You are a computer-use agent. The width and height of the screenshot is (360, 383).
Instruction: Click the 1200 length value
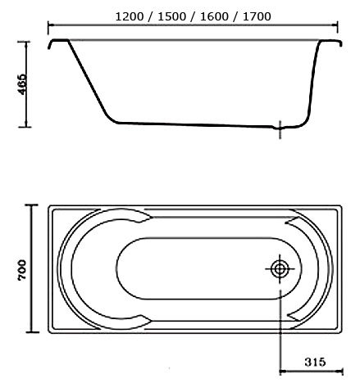[130, 16]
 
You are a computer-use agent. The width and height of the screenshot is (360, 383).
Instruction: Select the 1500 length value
[171, 16]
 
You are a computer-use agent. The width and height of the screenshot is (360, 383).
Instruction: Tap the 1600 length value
[214, 16]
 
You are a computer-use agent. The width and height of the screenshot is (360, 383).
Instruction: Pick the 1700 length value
[257, 16]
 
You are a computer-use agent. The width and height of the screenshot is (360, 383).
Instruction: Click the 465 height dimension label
[23, 83]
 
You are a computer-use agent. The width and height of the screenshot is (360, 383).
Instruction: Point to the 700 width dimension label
[22, 270]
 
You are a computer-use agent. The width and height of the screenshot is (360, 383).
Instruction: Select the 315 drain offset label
[315, 362]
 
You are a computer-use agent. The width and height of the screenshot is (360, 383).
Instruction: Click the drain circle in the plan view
[280, 269]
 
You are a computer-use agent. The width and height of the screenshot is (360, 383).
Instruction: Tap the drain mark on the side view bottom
[280, 129]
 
